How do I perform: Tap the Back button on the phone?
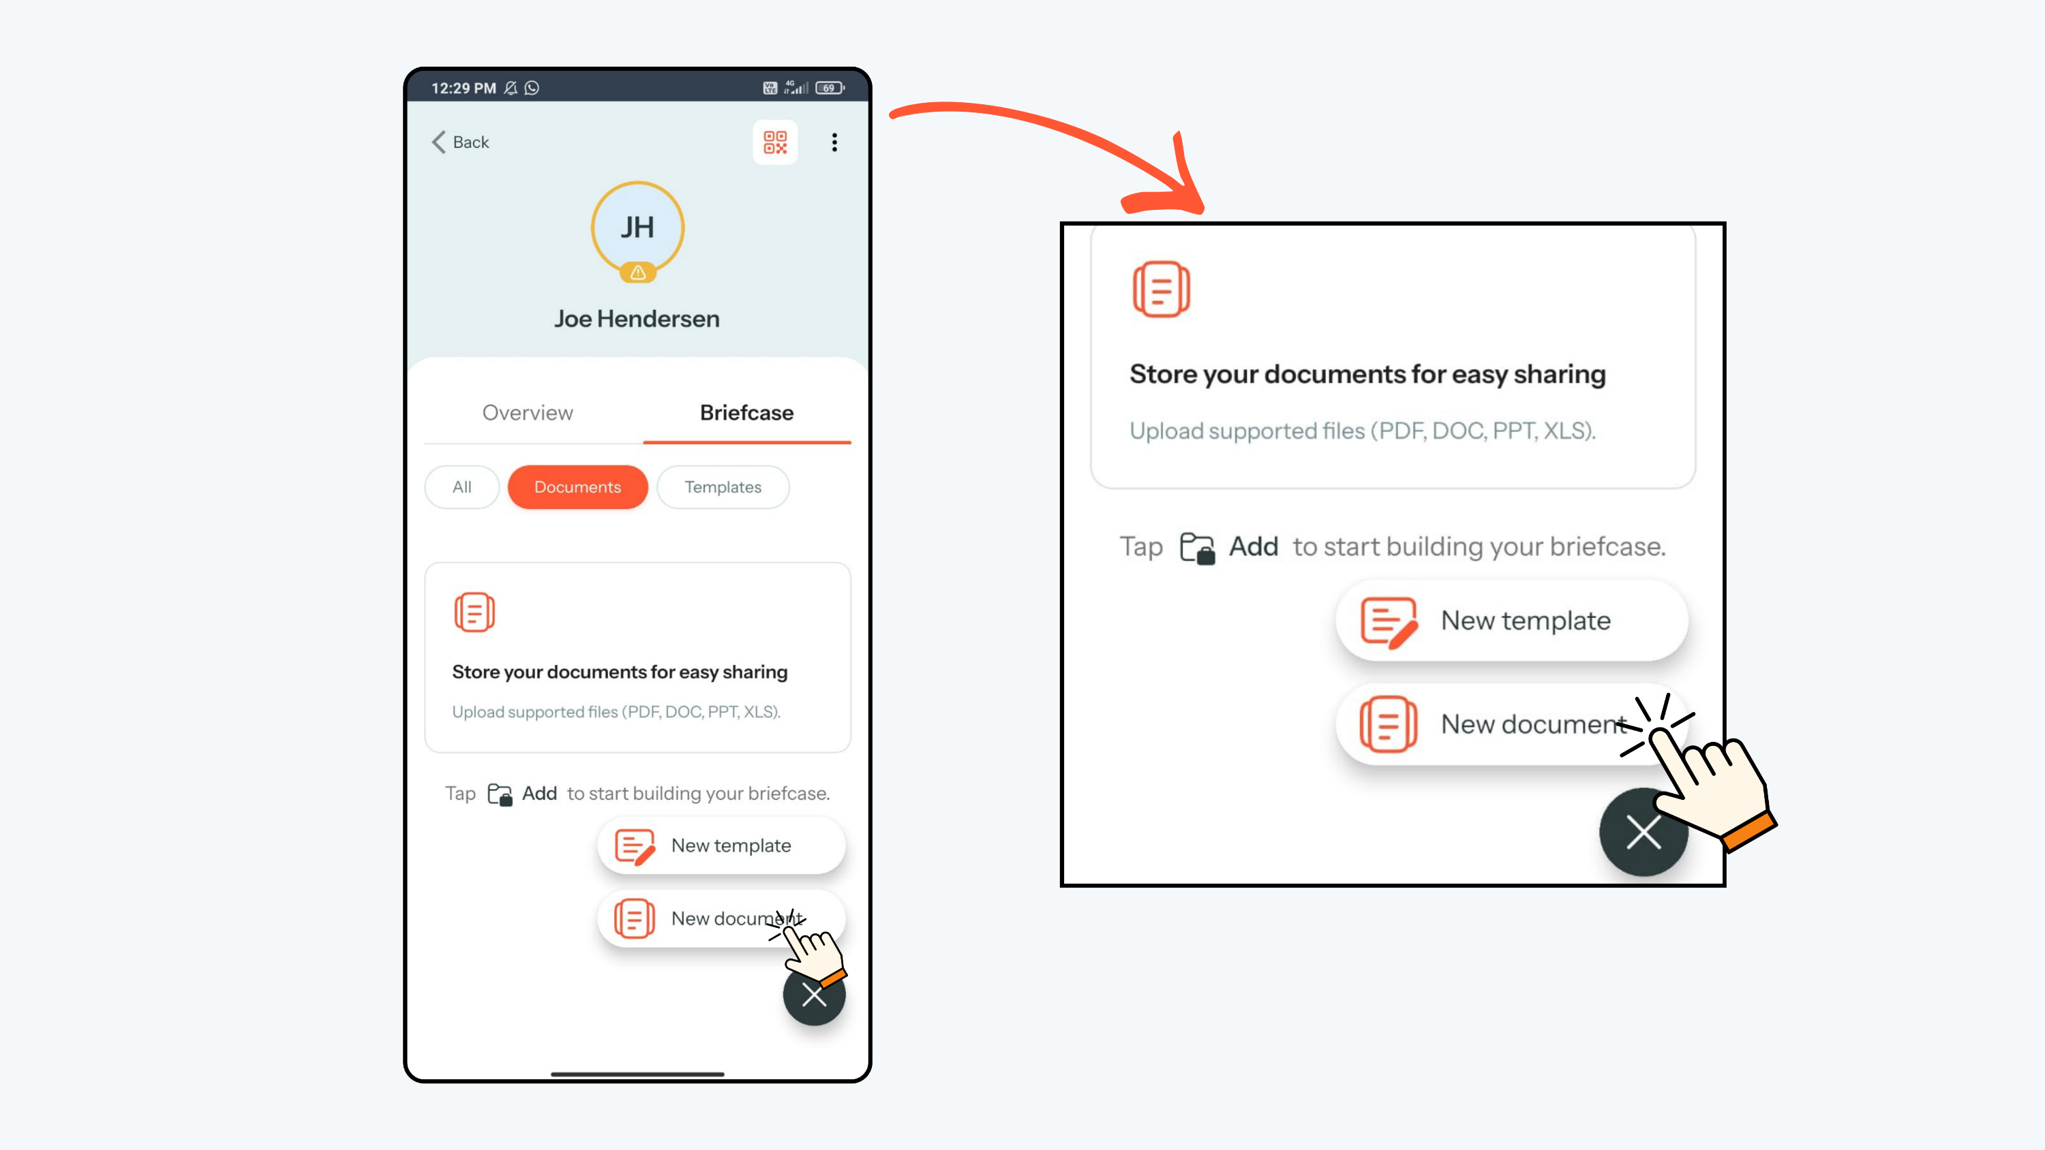[460, 142]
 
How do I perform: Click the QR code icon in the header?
[775, 142]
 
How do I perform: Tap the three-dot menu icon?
[834, 142]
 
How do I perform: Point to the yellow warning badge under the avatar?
[637, 273]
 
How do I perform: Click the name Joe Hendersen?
[637, 319]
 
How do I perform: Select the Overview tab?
[528, 413]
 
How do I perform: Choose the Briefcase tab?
[747, 413]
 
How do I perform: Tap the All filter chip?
[462, 487]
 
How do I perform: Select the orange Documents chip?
[578, 487]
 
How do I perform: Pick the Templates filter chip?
[723, 487]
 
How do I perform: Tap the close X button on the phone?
[814, 995]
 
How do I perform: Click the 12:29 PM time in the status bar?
[464, 88]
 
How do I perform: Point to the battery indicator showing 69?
[830, 88]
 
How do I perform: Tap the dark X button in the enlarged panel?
[1643, 833]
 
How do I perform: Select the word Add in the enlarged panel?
[1254, 547]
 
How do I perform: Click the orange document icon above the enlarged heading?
[1162, 289]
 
